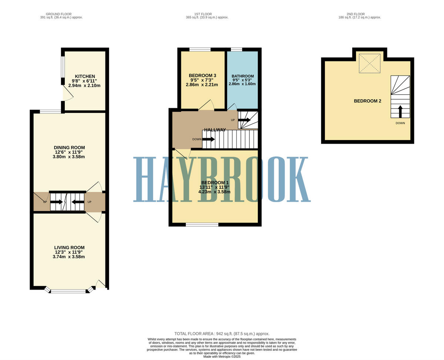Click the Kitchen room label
click(85, 76)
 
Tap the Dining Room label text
click(69, 147)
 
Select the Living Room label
click(69, 247)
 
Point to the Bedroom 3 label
click(202, 76)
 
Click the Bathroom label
click(243, 76)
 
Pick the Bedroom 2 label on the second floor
click(367, 101)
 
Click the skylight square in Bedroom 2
click(370, 63)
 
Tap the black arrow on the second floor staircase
click(400, 111)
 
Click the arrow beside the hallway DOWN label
click(208, 139)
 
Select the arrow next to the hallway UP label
click(244, 120)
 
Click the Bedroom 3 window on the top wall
click(200, 49)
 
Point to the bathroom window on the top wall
click(236, 49)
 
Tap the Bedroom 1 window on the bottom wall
click(202, 224)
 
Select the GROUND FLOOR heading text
click(61, 14)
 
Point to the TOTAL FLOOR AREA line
click(222, 334)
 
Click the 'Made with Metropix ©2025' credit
click(222, 357)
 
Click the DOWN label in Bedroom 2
click(400, 123)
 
